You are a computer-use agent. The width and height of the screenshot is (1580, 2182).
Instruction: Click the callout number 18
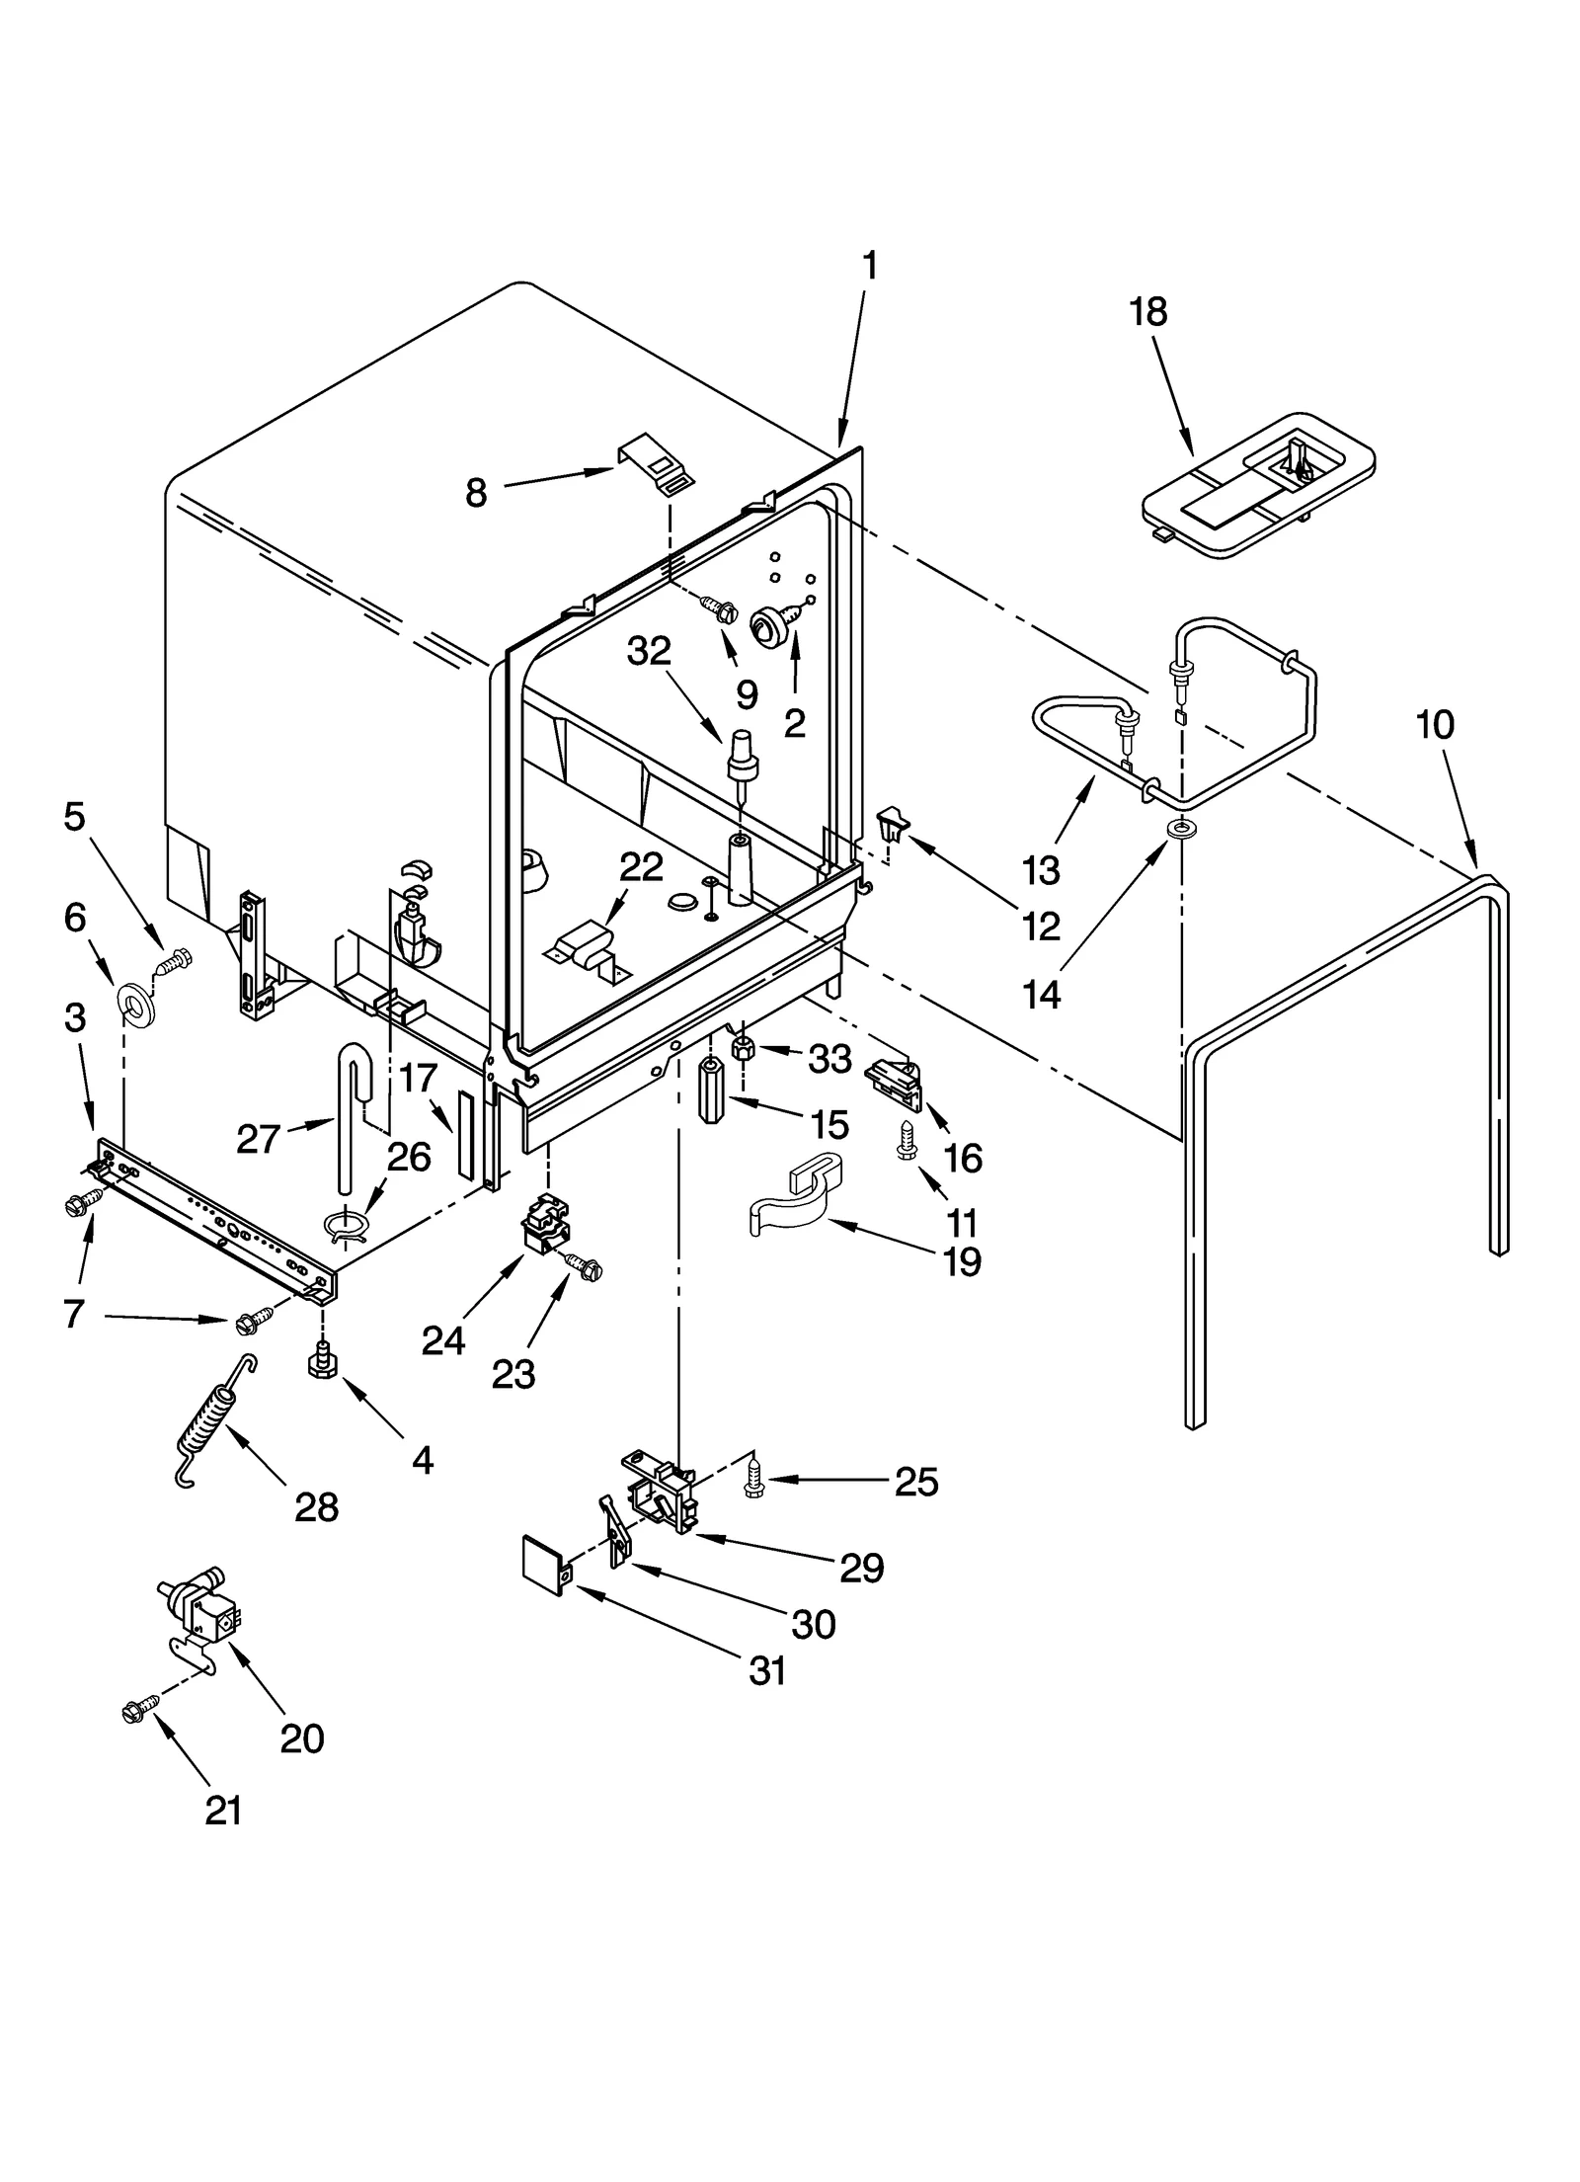(1147, 312)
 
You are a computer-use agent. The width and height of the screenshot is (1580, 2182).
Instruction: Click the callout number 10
(1434, 725)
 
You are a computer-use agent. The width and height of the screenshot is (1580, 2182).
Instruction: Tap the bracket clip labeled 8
(656, 463)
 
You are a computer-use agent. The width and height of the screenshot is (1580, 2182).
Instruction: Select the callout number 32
(649, 651)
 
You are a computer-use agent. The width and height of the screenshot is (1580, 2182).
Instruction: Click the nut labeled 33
(745, 1048)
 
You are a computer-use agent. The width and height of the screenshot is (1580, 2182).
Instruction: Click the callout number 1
(869, 266)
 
